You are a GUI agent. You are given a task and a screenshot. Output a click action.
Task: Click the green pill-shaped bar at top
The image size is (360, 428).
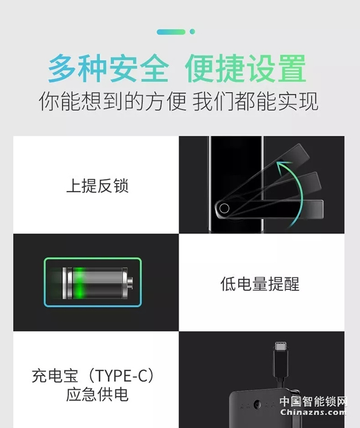point(171,32)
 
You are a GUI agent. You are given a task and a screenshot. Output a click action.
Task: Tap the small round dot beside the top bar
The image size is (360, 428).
point(193,32)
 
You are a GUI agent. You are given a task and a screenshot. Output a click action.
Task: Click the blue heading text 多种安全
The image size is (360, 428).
point(109,68)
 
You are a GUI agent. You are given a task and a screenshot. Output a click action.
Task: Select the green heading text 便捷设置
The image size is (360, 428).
point(245,68)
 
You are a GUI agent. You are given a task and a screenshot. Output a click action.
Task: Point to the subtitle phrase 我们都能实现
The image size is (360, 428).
point(256,101)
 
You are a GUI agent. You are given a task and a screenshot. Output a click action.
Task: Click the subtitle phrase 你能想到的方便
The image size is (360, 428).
point(113,101)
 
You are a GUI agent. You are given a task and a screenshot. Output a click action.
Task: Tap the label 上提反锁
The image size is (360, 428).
point(97,186)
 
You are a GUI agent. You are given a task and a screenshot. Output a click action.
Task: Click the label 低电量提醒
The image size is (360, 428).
point(260,284)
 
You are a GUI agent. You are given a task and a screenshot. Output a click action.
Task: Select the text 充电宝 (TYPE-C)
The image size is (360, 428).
point(93,376)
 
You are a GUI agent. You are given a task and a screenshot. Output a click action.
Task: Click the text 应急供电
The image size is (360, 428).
point(97,395)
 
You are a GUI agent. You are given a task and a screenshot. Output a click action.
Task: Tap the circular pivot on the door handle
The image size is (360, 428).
point(224,208)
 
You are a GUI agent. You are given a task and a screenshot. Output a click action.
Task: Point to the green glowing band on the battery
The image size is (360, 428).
point(79,283)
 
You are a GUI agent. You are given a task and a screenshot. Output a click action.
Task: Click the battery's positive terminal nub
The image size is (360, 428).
point(130,283)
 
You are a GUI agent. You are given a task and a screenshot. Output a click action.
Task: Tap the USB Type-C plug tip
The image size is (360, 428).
point(281,346)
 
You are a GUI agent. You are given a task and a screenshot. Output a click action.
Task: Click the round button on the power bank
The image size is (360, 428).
point(257,404)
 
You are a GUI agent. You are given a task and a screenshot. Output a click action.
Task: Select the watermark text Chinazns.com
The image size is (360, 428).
point(313,412)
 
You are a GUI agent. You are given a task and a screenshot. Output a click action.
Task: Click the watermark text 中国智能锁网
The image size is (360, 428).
point(313,402)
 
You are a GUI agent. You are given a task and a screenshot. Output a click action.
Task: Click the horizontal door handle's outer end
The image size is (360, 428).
point(320,209)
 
